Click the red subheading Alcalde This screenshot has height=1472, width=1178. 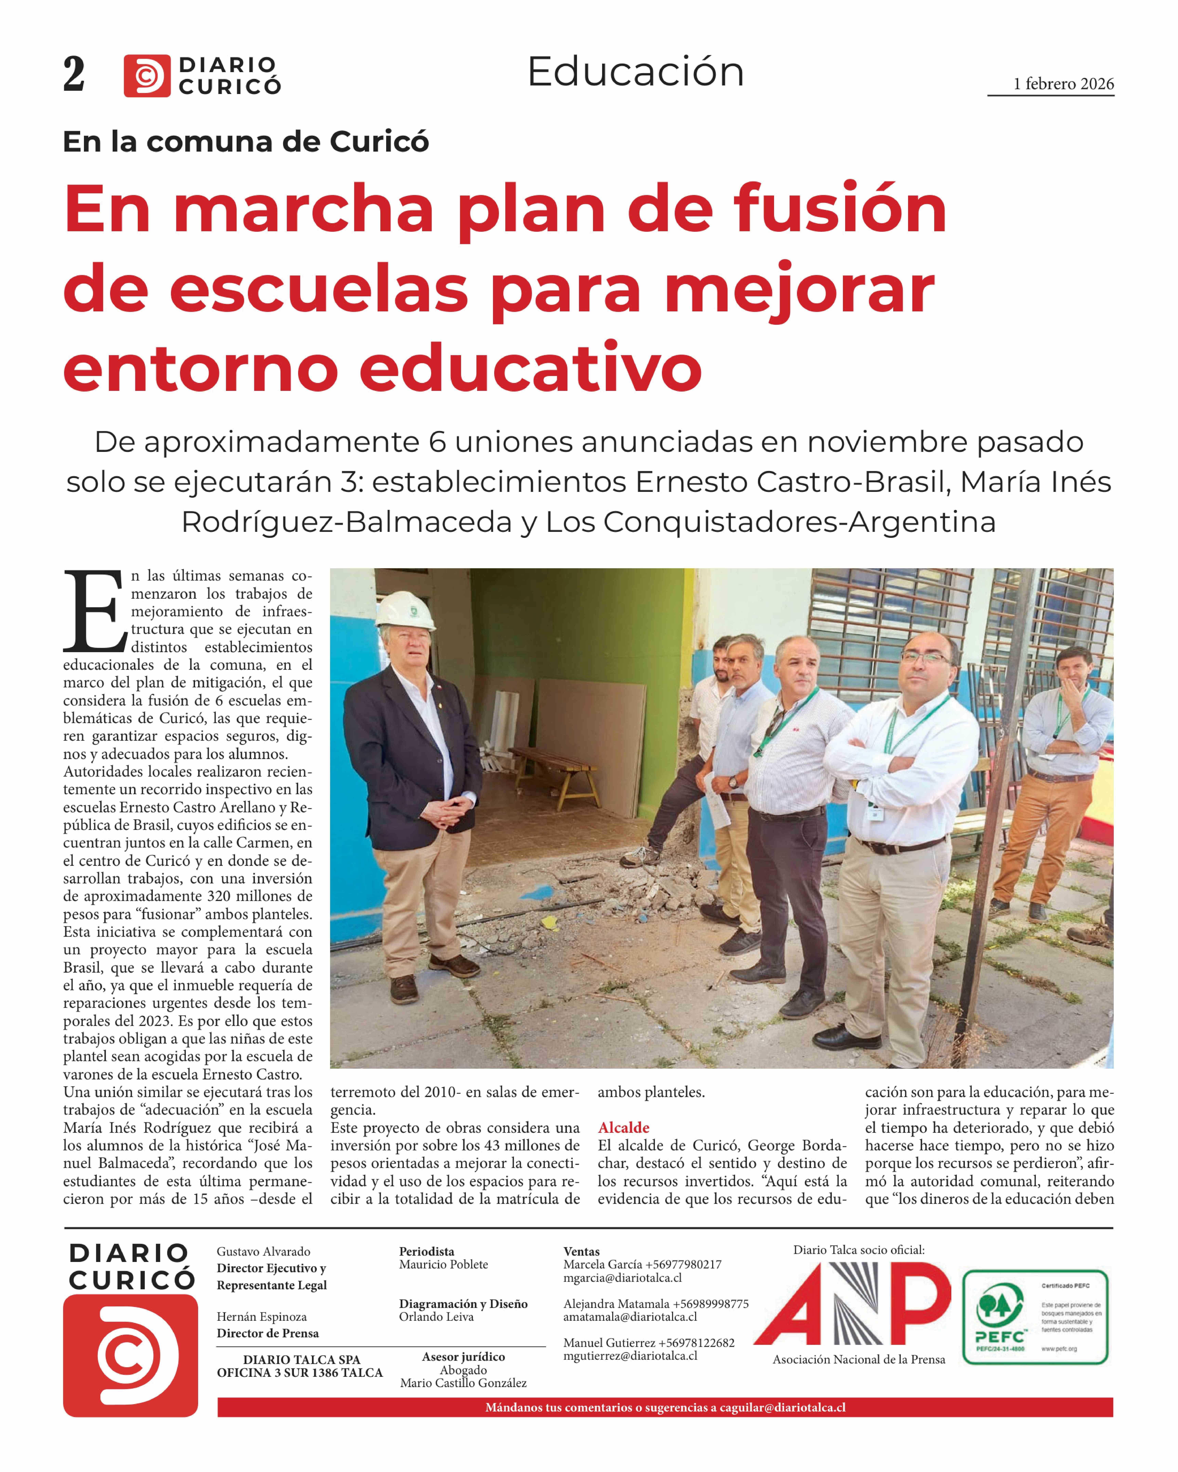tap(623, 1127)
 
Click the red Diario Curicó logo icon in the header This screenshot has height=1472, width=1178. tap(146, 75)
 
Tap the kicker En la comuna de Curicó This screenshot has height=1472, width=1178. tap(246, 141)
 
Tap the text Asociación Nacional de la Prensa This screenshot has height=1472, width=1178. tap(858, 1359)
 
